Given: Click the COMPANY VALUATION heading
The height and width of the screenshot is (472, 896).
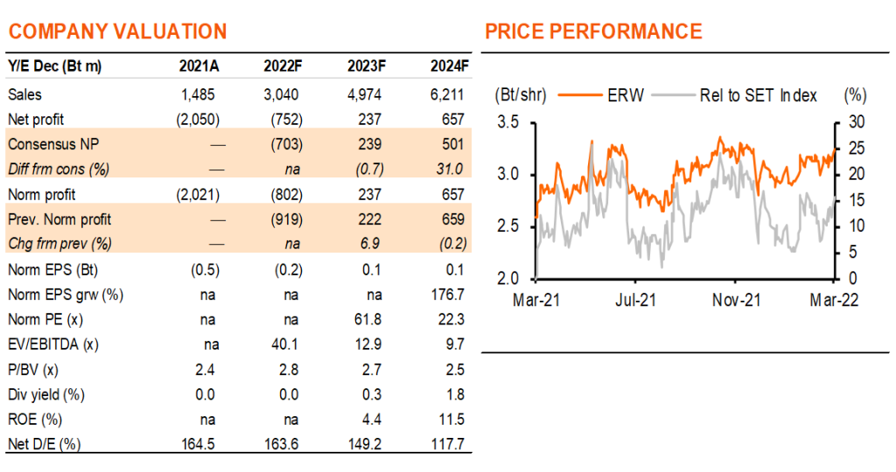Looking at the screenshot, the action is click(x=118, y=31).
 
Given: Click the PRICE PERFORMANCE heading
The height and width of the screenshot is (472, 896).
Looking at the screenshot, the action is click(x=594, y=31).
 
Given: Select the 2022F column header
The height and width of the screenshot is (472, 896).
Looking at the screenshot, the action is click(x=283, y=66).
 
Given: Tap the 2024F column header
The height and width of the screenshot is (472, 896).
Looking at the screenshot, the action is click(x=450, y=66).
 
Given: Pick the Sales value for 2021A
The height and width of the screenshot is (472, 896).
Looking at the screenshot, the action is click(x=199, y=94).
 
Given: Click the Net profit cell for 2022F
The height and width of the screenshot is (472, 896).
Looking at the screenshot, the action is click(x=287, y=119).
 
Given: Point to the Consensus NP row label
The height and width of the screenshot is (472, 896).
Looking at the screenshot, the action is click(x=53, y=144).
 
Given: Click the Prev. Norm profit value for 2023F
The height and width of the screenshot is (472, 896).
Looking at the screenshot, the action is click(x=370, y=219).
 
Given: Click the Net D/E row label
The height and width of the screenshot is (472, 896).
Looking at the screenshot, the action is click(x=44, y=444).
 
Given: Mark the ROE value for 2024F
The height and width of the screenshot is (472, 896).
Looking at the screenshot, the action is click(x=451, y=420).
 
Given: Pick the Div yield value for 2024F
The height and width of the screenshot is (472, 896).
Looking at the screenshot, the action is click(x=455, y=394).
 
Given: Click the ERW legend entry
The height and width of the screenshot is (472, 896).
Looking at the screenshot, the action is click(x=601, y=95).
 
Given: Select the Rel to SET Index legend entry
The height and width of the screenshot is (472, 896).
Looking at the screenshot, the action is click(x=734, y=95).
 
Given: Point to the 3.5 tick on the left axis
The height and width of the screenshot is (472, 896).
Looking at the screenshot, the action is click(x=508, y=122).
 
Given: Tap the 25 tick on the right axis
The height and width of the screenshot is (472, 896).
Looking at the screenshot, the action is click(x=856, y=149).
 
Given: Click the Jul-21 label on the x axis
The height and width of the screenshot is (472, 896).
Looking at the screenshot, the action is click(x=635, y=300).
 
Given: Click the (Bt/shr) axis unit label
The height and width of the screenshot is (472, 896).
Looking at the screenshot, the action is click(x=521, y=95).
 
